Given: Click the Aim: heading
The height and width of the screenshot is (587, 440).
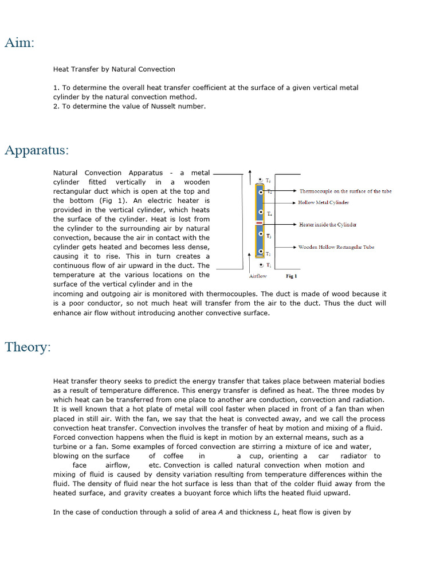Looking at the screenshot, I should point(19,42).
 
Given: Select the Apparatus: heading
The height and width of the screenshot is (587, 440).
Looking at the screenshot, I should point(37,150).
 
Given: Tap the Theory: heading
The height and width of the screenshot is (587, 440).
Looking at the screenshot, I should point(27,347).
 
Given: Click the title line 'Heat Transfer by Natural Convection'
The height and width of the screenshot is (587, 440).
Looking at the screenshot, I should point(114,69).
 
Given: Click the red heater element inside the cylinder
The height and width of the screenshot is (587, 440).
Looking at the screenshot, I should point(260,223).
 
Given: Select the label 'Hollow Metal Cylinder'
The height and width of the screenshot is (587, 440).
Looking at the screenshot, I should point(323,202).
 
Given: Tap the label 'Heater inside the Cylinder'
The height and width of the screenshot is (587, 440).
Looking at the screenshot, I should point(328,225).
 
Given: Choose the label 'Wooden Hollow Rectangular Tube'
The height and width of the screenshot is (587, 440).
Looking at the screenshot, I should point(336,247).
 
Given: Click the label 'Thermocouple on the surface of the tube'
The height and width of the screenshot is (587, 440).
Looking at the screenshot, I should point(345,191).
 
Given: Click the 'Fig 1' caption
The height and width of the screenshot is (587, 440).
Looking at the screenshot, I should point(291,276).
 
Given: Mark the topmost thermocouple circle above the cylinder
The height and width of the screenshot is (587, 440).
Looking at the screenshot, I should point(261,180).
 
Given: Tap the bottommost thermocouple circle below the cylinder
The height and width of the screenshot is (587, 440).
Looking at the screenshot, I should point(261,265).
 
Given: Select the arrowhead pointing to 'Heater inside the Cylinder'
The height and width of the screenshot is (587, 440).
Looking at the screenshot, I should point(294,225).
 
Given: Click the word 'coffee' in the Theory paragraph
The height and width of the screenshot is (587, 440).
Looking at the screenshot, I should point(174,456).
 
